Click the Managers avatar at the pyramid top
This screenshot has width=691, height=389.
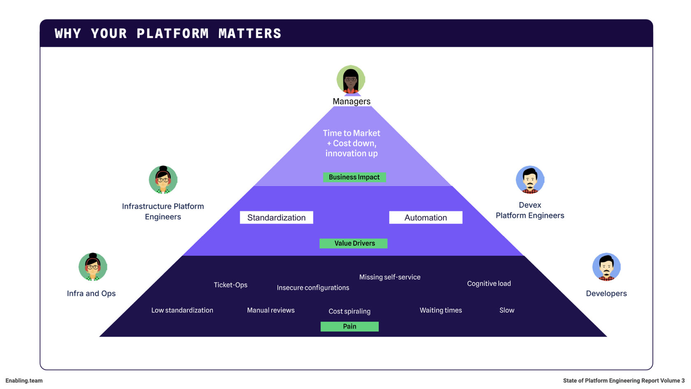pyautogui.click(x=351, y=79)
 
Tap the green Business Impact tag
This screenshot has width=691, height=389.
pyautogui.click(x=354, y=177)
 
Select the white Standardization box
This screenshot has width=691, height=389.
pyautogui.click(x=276, y=218)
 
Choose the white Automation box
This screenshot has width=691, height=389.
pyautogui.click(x=426, y=218)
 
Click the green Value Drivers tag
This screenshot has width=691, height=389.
pyautogui.click(x=354, y=243)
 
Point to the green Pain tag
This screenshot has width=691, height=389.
pyautogui.click(x=350, y=326)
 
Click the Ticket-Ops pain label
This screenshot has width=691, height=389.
pyautogui.click(x=230, y=285)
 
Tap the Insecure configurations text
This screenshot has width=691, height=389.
pyautogui.click(x=313, y=288)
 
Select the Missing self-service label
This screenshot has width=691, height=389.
pyautogui.click(x=390, y=277)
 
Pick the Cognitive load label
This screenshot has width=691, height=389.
pyautogui.click(x=489, y=284)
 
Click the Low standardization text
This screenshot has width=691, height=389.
pyautogui.click(x=182, y=310)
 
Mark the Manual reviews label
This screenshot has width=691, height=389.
pyautogui.click(x=271, y=310)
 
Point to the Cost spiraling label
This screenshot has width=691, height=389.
pyautogui.click(x=349, y=311)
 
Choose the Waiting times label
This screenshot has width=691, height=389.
pyautogui.click(x=441, y=310)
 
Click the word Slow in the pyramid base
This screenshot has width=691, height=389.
pyautogui.click(x=507, y=310)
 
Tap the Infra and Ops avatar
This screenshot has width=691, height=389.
pyautogui.click(x=93, y=267)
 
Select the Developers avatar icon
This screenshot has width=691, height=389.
pyautogui.click(x=606, y=267)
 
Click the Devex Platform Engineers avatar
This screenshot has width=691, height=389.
pyautogui.click(x=530, y=179)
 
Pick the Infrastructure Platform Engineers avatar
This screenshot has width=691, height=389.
pyautogui.click(x=163, y=179)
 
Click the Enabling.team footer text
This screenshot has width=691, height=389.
pyautogui.click(x=24, y=381)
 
